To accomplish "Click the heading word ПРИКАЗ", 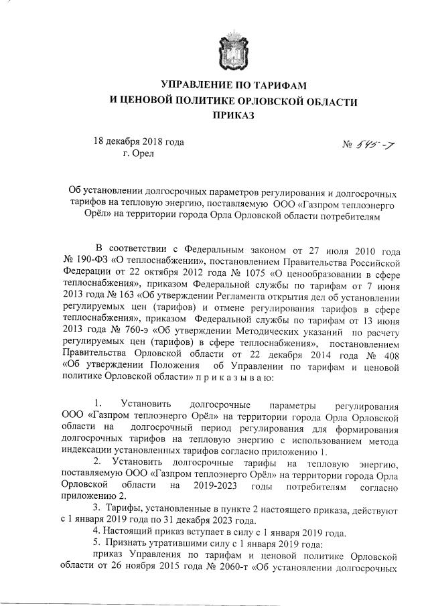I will (x=233, y=116).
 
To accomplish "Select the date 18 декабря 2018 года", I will (x=138, y=141).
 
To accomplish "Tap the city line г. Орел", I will (x=139, y=153).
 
